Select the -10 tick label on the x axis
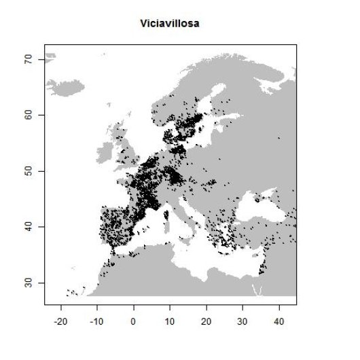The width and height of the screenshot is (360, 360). pos(97,319)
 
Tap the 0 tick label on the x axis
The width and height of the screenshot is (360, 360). pos(133,319)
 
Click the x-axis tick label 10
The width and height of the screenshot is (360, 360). pos(170,319)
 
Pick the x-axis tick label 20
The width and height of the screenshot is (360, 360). pos(206,319)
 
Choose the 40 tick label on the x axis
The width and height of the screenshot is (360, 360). pos(278,319)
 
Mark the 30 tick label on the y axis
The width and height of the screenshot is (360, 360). pos(30,282)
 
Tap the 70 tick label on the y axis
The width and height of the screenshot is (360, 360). pos(30,60)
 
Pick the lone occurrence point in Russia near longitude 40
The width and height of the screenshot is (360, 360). pos(279,139)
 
